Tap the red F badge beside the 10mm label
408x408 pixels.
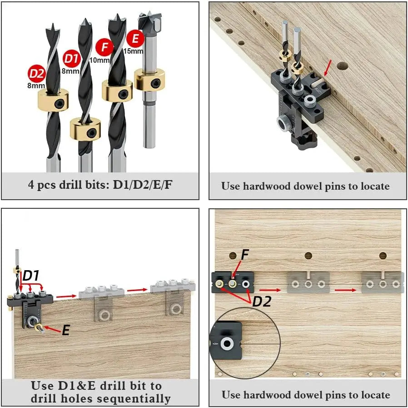click(104, 47)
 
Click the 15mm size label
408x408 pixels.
click(133, 51)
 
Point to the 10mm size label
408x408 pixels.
click(100, 60)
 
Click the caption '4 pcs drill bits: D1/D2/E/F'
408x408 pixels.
click(100, 186)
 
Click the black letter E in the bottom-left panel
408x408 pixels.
click(66, 331)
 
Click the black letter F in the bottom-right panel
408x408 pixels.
click(245, 255)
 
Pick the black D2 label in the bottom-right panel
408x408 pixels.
click(262, 301)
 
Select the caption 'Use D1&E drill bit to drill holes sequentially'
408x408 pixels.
click(100, 392)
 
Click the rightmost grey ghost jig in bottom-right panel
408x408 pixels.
click(383, 283)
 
